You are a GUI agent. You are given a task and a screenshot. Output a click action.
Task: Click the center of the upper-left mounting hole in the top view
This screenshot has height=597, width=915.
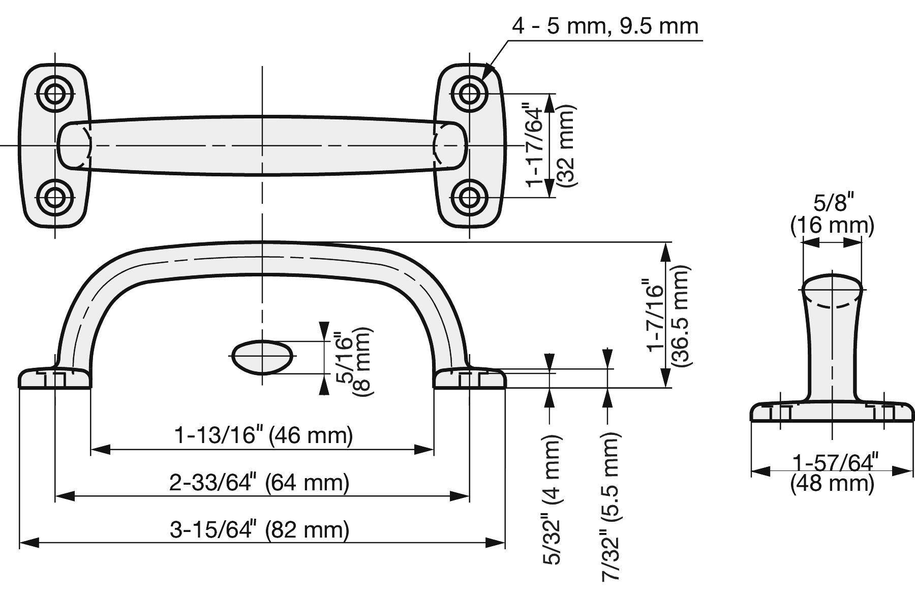pos(55,94)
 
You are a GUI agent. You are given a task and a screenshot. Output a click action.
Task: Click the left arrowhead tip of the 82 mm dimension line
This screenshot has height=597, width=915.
pos(19,543)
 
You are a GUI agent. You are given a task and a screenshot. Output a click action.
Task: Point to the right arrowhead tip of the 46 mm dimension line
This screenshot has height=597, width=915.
pos(434,449)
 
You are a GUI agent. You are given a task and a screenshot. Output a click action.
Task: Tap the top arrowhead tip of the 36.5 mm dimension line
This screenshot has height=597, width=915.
pos(665,243)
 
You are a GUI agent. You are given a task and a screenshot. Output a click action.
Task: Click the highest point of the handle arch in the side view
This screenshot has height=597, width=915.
pos(262,242)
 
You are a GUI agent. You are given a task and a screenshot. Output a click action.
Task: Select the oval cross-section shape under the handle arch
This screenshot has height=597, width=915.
pos(262,357)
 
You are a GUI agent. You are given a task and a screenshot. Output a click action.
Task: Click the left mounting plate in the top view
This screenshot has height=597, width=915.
pos(55,146)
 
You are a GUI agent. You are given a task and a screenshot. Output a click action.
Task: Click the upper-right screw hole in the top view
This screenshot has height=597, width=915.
pos(469,94)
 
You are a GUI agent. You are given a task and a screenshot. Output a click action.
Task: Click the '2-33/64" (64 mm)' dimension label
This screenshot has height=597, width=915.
pos(259,482)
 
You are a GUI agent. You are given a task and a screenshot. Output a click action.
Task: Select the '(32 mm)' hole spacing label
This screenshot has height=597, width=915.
pos(566,145)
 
